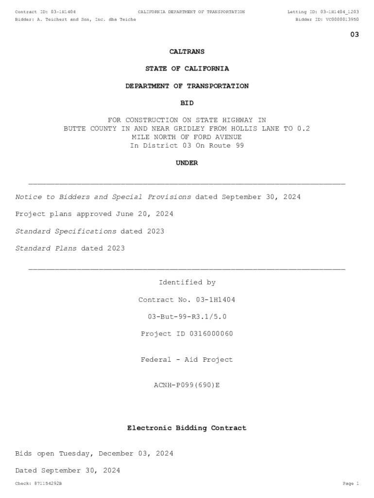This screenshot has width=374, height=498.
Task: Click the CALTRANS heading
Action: [187, 52]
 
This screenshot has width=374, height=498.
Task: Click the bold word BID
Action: [187, 103]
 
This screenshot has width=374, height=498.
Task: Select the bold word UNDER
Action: [187, 163]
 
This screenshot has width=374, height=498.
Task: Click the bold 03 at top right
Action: [355, 35]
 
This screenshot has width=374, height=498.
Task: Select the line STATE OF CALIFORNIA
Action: [187, 69]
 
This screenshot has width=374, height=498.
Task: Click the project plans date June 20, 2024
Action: [144, 214]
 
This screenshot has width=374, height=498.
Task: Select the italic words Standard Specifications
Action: [66, 231]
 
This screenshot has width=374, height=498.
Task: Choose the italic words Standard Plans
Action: [46, 249]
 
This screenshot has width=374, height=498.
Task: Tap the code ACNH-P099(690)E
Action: [187, 385]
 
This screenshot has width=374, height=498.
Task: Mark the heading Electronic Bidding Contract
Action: [187, 428]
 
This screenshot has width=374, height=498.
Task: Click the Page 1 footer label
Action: [351, 484]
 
